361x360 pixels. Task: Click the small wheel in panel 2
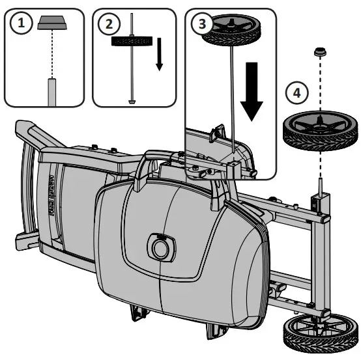pos(133,41)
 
